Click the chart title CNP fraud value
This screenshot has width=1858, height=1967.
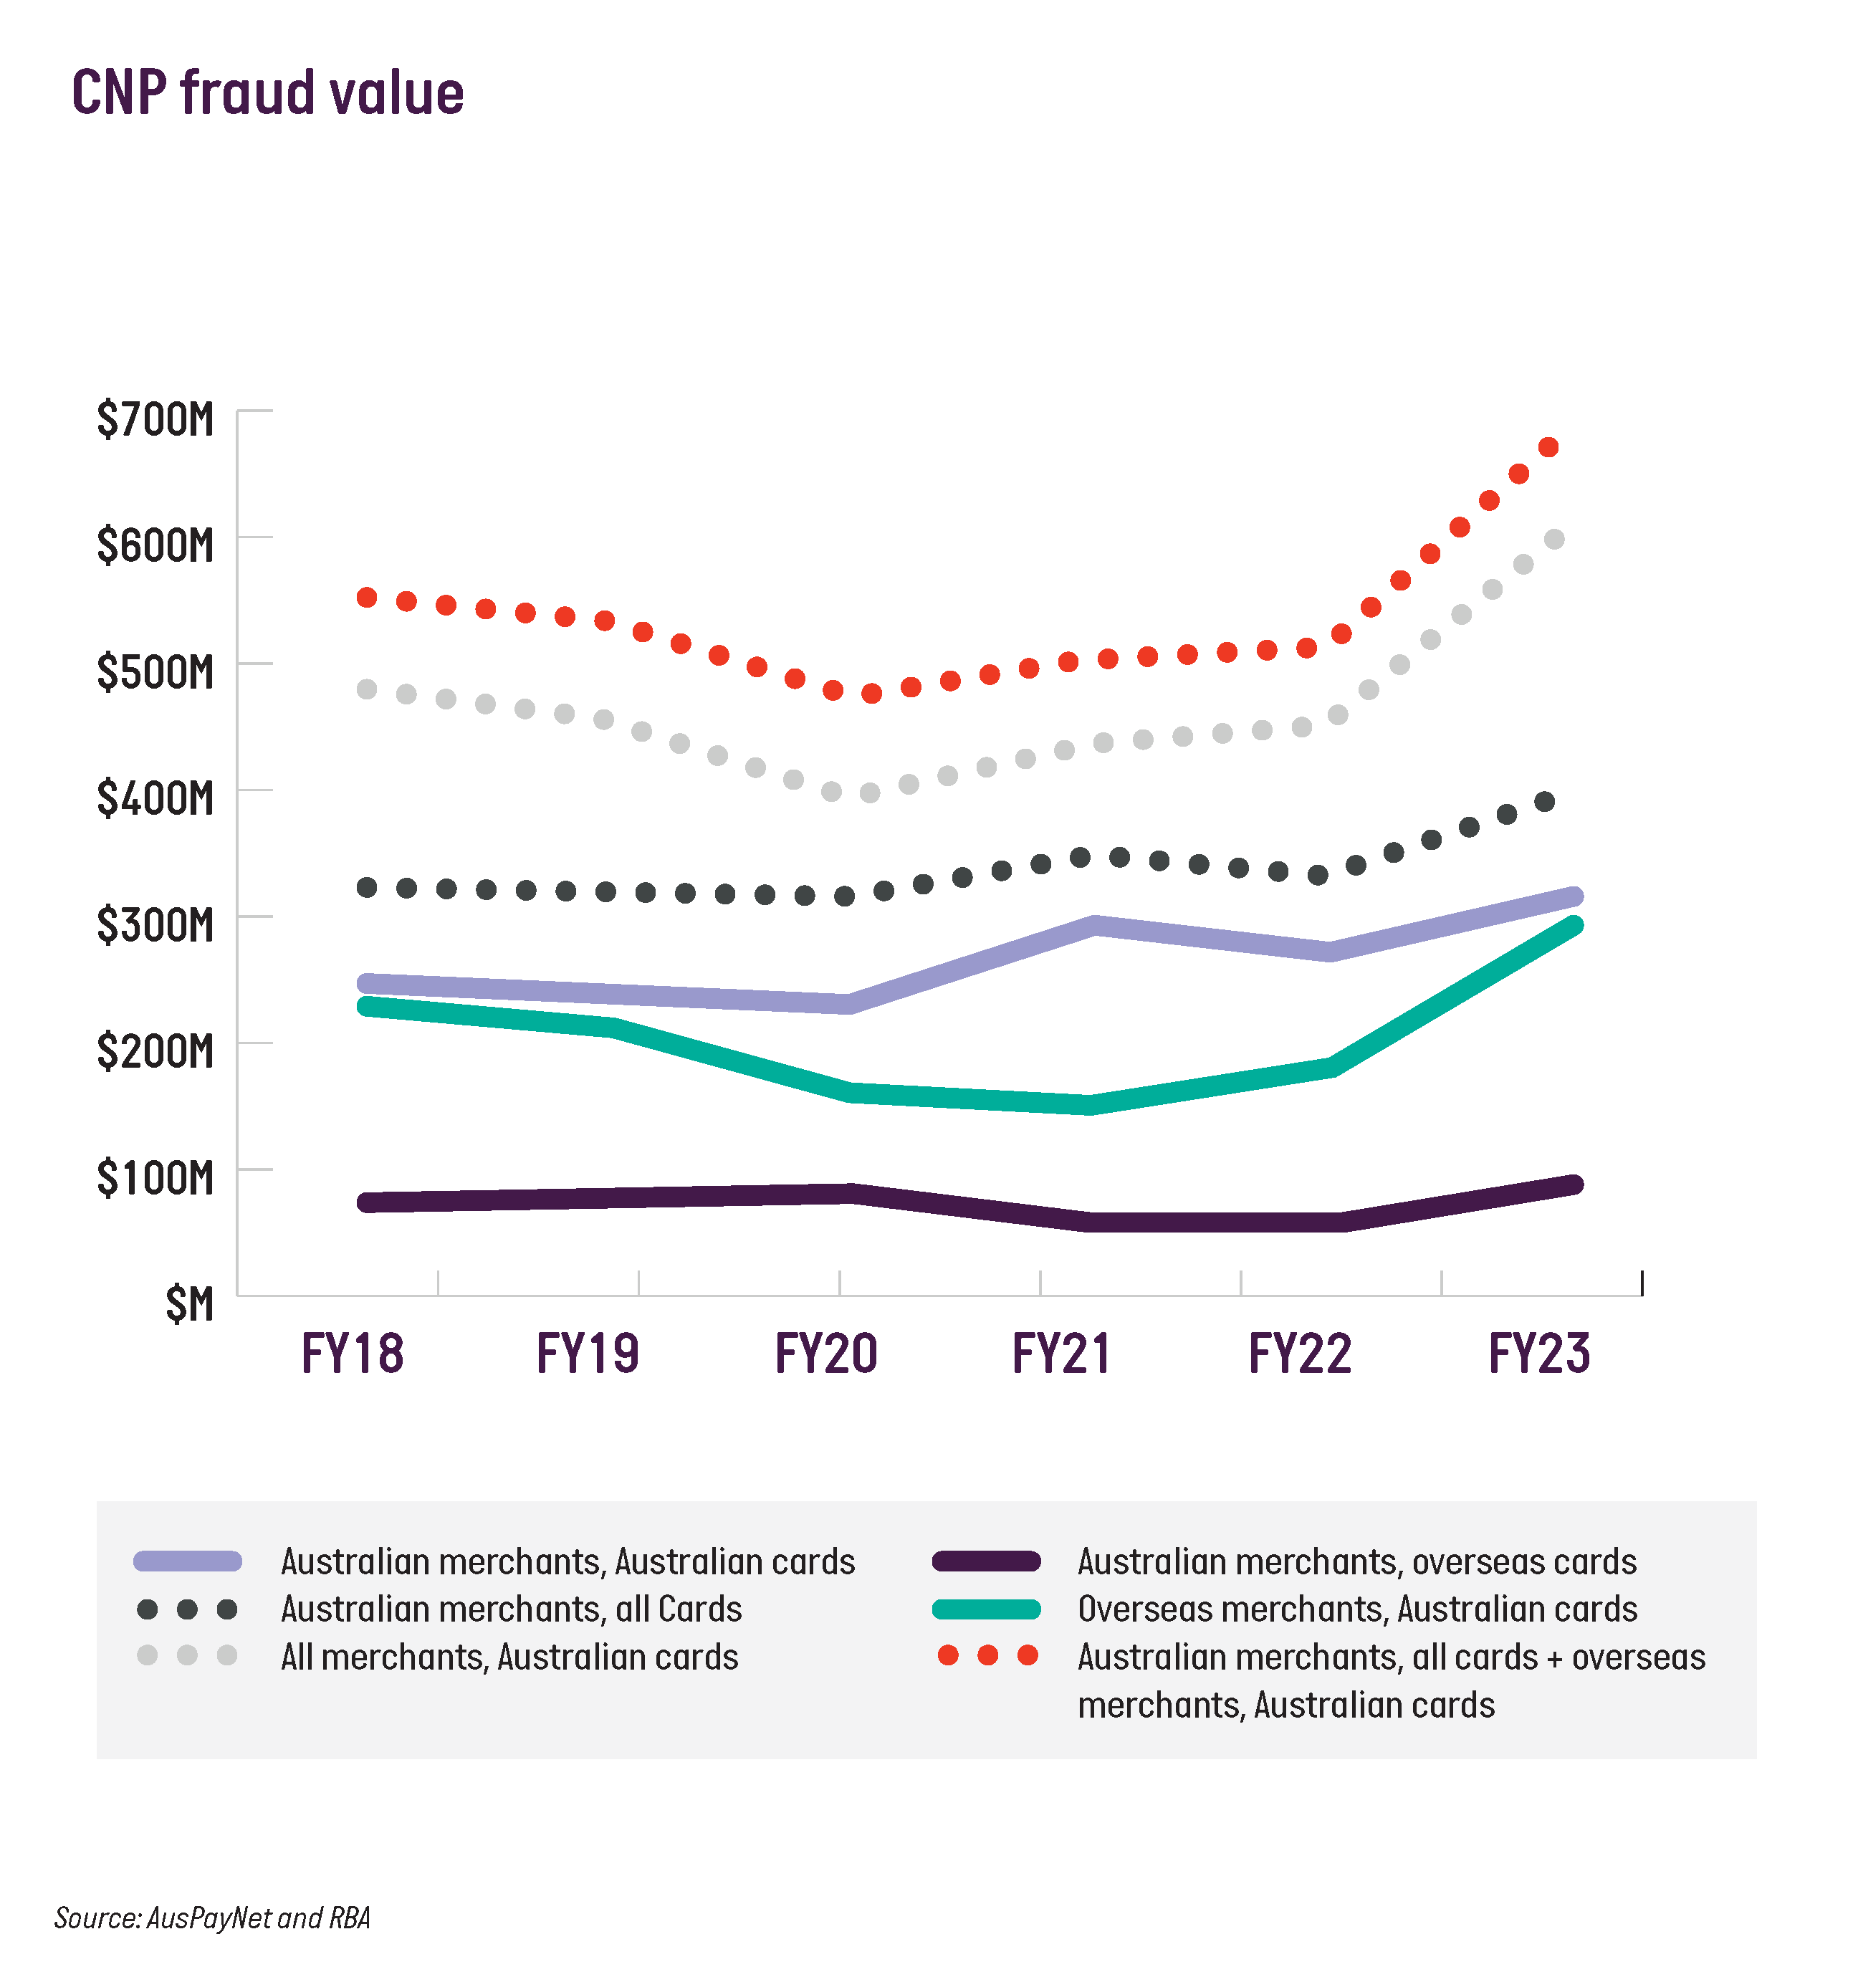267,94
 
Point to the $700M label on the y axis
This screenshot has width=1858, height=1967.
155,420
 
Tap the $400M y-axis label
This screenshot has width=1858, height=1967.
155,798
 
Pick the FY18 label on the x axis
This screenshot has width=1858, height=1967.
353,1354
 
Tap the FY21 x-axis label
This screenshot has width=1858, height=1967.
1062,1354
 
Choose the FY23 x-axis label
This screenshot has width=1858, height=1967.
1539,1354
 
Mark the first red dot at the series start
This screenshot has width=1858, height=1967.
366,597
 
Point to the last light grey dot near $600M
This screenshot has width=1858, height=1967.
1554,540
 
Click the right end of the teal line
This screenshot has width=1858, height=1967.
1573,926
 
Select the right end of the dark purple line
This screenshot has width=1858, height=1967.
1573,1185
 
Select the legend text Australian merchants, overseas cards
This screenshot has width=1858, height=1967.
1357,1562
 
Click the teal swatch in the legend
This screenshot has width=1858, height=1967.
987,1609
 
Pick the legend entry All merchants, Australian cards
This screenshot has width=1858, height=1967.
509,1657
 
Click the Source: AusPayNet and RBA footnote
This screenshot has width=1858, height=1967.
212,1918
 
